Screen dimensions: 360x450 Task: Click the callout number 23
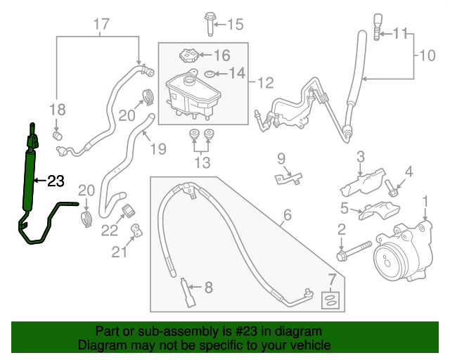point(56,181)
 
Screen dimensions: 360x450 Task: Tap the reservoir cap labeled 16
point(187,56)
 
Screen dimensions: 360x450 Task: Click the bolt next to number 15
point(210,22)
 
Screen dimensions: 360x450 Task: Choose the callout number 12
point(264,84)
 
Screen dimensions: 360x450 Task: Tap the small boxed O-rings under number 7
point(328,300)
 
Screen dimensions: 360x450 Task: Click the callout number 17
point(101,25)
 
